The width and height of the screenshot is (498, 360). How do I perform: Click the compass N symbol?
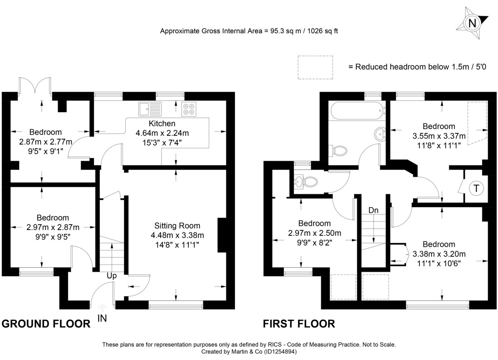point(472,22)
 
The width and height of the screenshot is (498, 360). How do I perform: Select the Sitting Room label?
point(177,226)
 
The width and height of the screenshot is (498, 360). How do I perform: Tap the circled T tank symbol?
point(476,188)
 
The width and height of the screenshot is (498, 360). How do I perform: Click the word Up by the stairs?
point(112,276)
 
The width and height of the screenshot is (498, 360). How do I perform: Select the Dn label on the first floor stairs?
point(373,211)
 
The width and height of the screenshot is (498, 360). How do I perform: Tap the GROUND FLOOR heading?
point(46,324)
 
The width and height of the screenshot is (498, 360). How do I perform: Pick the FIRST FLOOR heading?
point(299,324)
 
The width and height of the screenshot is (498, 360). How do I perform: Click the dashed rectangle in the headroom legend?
point(315,67)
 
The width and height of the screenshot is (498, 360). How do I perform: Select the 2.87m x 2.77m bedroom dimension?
point(46,142)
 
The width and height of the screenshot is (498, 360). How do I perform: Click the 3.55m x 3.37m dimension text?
point(439,136)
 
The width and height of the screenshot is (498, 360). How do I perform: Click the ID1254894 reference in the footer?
point(280,352)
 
